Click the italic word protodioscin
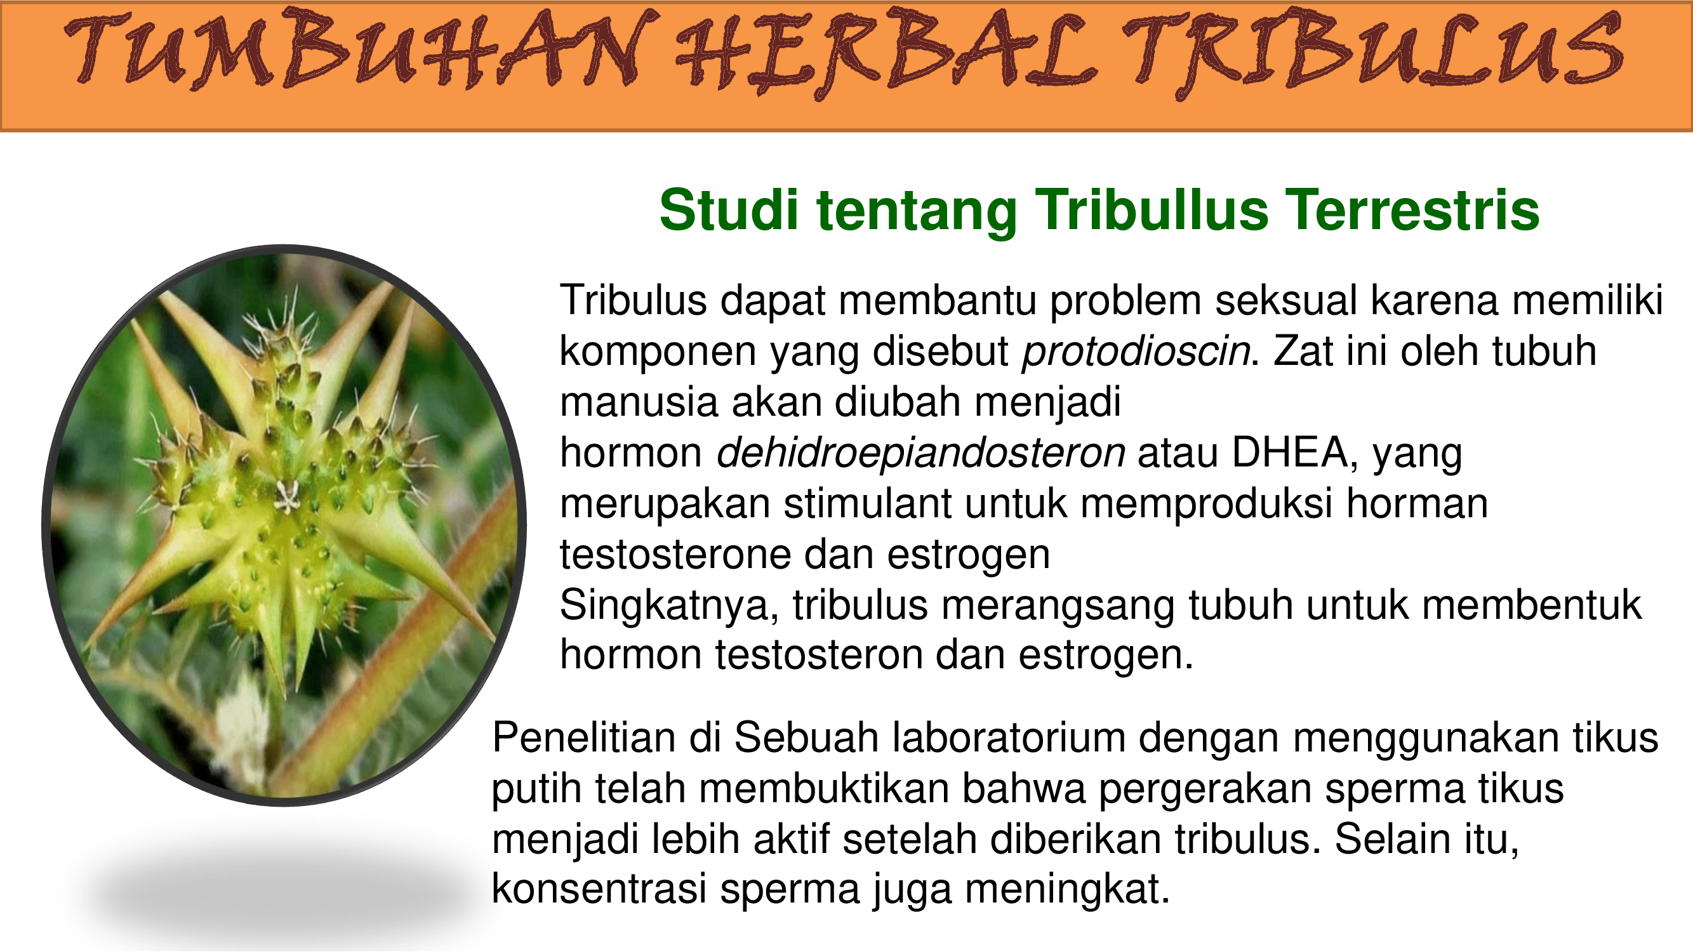coord(1136,352)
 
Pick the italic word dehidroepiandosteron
coord(920,453)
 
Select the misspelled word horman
coord(1417,504)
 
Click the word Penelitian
coord(584,737)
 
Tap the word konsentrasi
coord(599,890)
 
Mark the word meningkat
coord(1068,890)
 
